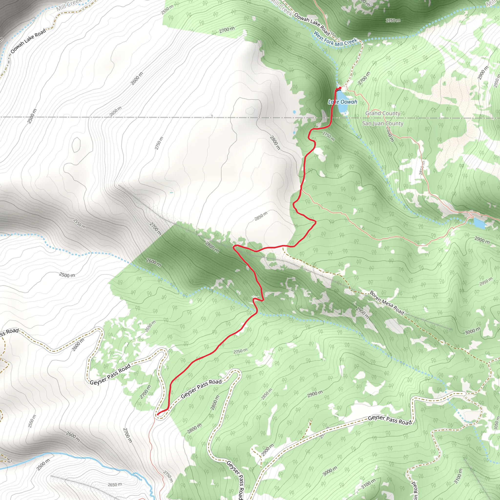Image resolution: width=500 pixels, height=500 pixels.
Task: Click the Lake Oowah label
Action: pos(342,102)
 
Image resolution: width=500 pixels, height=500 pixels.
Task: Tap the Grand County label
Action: pos(383,113)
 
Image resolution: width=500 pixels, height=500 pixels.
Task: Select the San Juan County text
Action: pos(383,124)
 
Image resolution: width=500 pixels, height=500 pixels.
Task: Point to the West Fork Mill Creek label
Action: pos(335,39)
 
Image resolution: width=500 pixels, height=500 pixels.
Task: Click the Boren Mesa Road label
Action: pos(387,302)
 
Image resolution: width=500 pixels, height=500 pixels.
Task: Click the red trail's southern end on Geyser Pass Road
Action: pos(158,414)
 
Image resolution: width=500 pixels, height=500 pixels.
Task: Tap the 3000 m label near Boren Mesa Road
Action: pos(473,331)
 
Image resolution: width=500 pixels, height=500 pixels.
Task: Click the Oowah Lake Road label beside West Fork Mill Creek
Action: pos(312,24)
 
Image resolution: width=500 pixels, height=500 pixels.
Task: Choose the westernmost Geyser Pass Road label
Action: pos(110,375)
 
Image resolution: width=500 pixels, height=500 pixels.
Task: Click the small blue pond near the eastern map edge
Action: pos(479,223)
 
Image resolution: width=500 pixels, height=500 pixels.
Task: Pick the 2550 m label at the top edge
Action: pos(167,10)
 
